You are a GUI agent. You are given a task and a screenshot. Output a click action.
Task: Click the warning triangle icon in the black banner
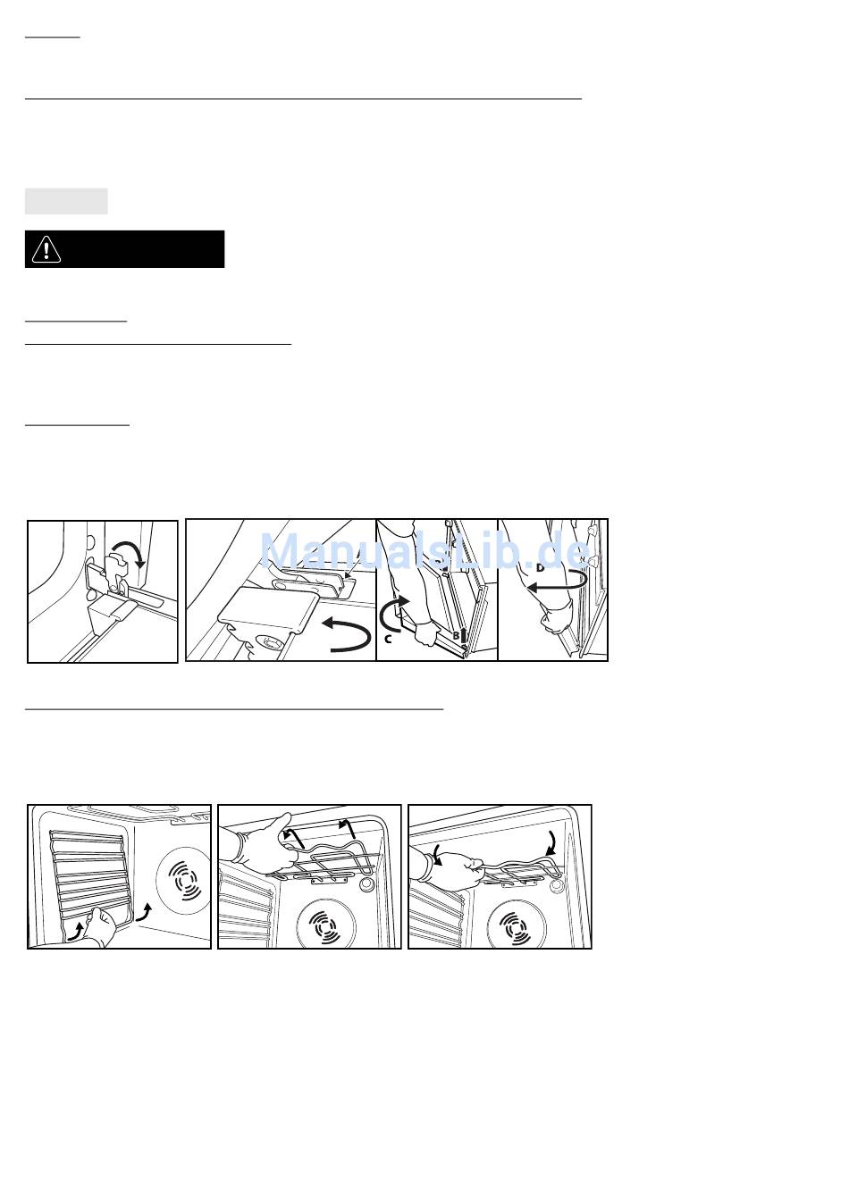click(46, 249)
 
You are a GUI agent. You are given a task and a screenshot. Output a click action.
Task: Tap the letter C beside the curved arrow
click(388, 638)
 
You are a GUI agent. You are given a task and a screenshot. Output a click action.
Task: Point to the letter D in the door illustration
click(540, 567)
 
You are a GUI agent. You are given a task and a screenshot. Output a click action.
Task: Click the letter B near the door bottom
click(456, 636)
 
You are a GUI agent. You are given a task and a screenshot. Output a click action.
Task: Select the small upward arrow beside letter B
click(463, 635)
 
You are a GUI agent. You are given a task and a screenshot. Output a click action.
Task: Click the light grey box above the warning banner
click(66, 201)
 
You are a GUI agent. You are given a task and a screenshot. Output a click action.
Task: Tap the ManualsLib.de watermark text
click(425, 550)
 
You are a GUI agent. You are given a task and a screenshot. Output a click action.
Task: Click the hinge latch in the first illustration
click(119, 572)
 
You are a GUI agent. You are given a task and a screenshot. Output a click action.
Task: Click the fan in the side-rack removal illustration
click(184, 880)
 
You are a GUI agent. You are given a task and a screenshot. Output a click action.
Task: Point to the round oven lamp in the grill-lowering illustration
click(556, 885)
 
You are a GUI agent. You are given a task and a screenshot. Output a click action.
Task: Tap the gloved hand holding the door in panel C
click(425, 633)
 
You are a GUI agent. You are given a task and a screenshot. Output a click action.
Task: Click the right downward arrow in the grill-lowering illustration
click(551, 845)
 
